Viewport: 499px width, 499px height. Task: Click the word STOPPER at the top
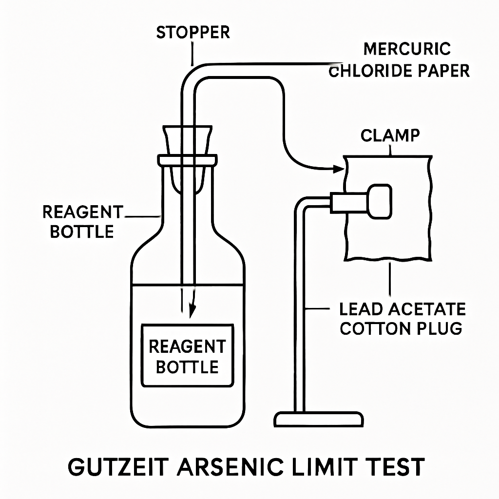[x=193, y=33]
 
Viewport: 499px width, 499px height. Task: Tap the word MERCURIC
[x=407, y=49]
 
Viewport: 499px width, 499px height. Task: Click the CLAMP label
[x=390, y=135]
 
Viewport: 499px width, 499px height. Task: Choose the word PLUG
[x=436, y=328]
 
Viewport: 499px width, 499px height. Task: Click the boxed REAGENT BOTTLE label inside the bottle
[x=187, y=356]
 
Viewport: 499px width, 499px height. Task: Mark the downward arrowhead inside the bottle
[x=192, y=310]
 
